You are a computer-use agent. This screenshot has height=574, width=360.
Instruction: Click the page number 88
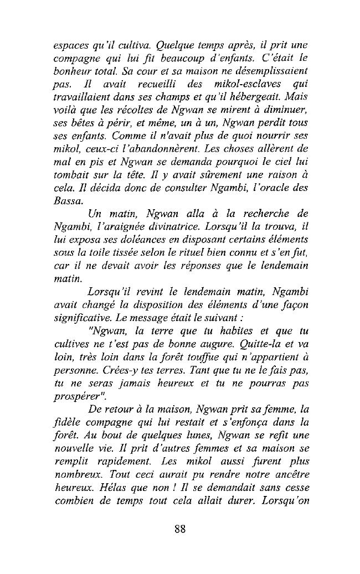point(179,528)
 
